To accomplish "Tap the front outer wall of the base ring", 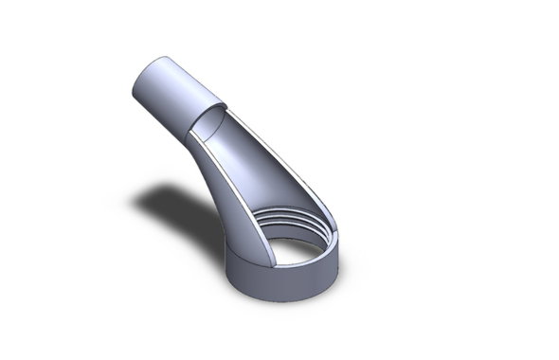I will (275, 283).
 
